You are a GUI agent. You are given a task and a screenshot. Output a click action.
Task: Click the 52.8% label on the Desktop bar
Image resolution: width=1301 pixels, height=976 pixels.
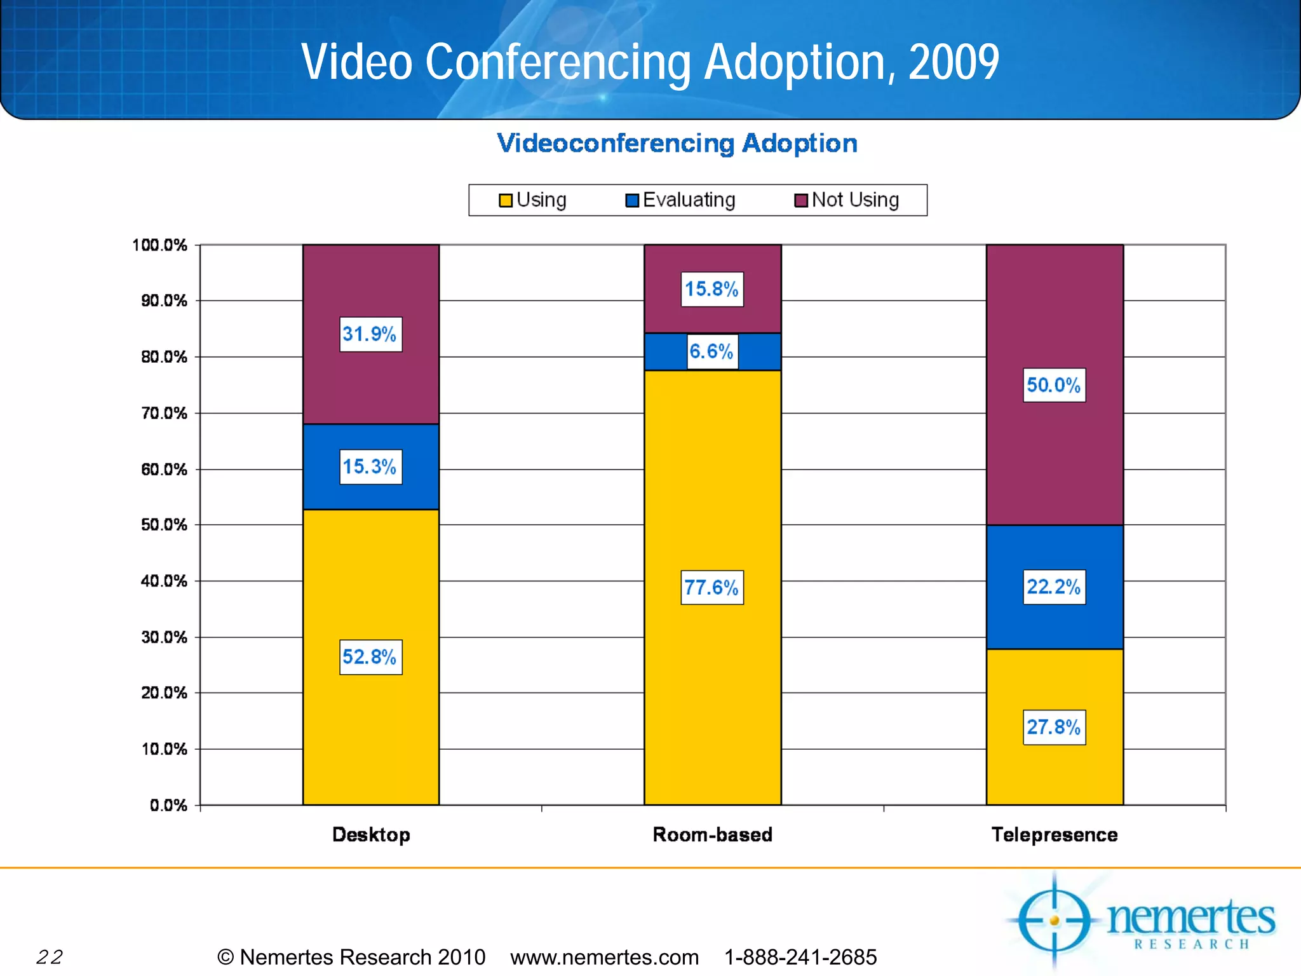tap(370, 656)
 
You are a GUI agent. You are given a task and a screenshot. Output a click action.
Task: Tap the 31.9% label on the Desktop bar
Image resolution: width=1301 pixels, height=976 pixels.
tap(370, 334)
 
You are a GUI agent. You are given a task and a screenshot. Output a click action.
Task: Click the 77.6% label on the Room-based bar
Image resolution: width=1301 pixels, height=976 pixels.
tap(712, 587)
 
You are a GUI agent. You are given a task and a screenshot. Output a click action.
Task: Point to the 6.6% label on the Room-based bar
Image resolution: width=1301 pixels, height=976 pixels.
tap(712, 351)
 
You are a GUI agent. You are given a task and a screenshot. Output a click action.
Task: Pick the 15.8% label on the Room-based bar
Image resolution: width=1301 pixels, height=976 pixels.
tap(712, 289)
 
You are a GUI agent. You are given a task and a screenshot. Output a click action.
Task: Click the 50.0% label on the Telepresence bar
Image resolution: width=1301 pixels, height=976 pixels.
tap(1054, 385)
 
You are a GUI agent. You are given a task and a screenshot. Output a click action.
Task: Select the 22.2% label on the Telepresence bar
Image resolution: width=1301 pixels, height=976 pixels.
tap(1054, 586)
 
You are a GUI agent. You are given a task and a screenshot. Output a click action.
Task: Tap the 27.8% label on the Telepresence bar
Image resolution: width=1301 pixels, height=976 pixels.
tap(1054, 727)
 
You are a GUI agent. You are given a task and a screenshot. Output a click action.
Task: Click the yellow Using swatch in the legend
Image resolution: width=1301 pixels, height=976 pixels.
tap(506, 201)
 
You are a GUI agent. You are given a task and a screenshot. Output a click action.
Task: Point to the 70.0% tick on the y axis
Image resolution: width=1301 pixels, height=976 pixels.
tap(164, 414)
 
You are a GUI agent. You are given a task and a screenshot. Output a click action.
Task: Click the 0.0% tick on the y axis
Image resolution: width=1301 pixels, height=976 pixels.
tap(168, 805)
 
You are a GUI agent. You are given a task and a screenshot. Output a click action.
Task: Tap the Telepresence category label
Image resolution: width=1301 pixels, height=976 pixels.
tap(1054, 834)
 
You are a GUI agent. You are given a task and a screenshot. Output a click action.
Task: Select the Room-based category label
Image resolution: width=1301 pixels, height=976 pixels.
tap(712, 834)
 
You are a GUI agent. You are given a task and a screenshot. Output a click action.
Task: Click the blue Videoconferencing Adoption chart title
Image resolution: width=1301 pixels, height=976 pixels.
tap(677, 144)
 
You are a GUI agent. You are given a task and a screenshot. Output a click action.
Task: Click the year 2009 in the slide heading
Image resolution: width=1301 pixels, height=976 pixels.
tap(954, 62)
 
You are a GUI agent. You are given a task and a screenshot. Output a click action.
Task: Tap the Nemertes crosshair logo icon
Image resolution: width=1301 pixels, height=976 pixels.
tap(1054, 920)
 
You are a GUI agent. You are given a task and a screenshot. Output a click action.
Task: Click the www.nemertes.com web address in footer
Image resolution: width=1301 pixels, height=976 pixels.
tap(604, 957)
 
